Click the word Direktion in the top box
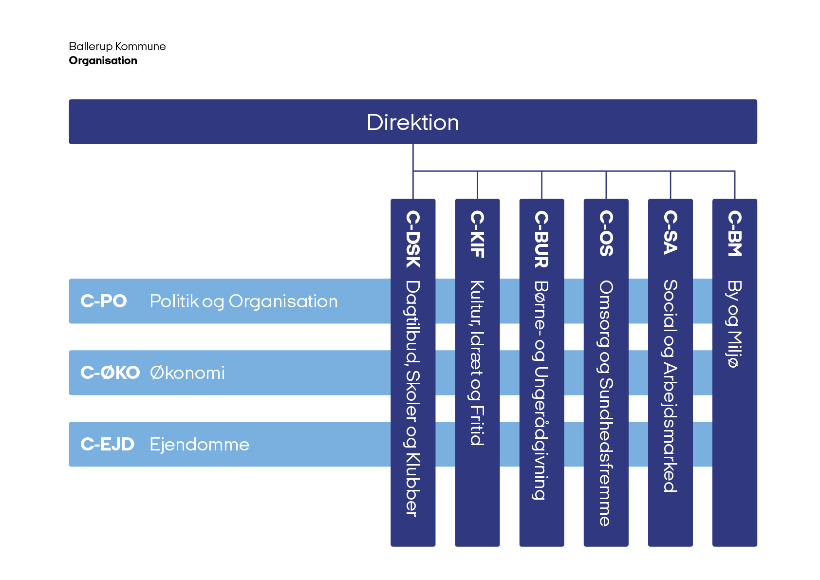click(412, 122)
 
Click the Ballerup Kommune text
click(117, 46)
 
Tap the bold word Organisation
click(103, 60)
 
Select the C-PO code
click(103, 301)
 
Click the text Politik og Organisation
click(243, 301)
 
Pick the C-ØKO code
click(110, 373)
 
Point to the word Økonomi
click(187, 373)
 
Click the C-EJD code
click(107, 444)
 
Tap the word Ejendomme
click(199, 444)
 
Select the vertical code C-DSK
click(413, 239)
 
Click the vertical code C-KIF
click(477, 234)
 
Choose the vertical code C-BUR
click(541, 239)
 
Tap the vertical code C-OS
click(606, 233)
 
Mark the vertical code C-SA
click(670, 232)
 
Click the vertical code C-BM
click(734, 233)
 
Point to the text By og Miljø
click(734, 323)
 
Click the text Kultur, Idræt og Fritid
click(477, 363)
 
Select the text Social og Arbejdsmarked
click(670, 386)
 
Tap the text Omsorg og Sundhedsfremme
click(606, 403)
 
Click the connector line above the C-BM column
click(735, 185)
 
